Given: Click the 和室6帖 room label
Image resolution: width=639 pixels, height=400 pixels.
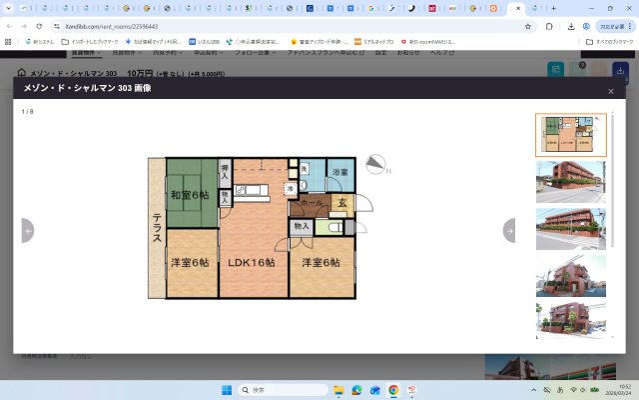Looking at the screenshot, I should [x=190, y=194].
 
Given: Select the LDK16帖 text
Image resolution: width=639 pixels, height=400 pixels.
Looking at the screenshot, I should [x=250, y=263].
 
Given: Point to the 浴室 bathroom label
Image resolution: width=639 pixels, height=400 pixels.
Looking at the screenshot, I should [x=339, y=173].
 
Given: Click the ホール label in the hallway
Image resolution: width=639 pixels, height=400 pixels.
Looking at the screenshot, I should [x=311, y=203].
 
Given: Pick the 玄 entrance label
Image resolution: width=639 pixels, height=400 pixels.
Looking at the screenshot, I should [x=341, y=204].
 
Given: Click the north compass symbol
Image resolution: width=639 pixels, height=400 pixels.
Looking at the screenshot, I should [x=376, y=165].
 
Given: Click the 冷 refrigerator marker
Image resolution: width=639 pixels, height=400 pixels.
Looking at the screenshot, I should [x=291, y=189].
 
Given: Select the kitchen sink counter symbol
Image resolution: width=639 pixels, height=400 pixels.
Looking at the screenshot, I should [x=250, y=189].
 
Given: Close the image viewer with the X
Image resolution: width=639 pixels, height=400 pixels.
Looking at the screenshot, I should [x=611, y=91].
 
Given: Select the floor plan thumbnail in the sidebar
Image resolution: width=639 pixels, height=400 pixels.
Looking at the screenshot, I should [x=570, y=134].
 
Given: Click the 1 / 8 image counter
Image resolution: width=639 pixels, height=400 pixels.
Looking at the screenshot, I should [x=27, y=111].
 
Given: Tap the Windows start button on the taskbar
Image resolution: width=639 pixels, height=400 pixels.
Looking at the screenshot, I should [x=226, y=389].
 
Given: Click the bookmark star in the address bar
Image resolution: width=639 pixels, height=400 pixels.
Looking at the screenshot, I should [x=527, y=26].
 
